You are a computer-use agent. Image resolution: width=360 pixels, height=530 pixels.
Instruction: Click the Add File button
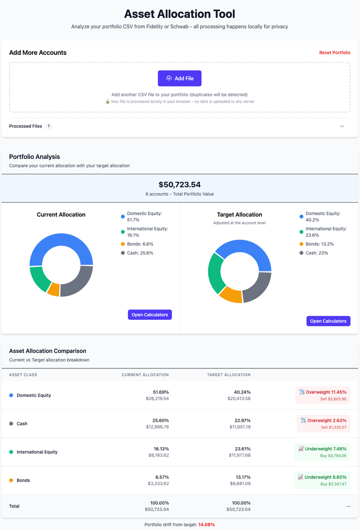pos(180,78)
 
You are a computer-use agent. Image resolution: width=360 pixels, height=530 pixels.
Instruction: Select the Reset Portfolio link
pos(334,53)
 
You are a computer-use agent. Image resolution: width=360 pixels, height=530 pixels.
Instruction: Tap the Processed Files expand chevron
pos(342,127)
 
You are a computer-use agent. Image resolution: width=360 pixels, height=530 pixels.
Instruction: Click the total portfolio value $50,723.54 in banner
pos(180,185)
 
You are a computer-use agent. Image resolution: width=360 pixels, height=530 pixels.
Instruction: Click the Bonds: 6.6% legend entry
pos(140,244)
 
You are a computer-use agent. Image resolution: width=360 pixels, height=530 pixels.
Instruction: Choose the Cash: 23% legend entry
pos(317,253)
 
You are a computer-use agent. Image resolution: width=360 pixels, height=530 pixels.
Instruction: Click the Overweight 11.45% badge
pos(323,392)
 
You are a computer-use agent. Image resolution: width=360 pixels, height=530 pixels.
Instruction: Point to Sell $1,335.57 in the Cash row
pos(333,427)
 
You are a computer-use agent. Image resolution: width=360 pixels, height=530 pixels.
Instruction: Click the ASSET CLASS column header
pos(23,375)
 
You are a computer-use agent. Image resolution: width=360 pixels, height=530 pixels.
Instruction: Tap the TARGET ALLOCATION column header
pos(229,375)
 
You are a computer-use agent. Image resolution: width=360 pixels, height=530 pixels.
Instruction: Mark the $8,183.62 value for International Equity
pos(158,456)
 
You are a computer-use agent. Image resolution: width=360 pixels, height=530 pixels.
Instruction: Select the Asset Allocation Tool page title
pos(180,14)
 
